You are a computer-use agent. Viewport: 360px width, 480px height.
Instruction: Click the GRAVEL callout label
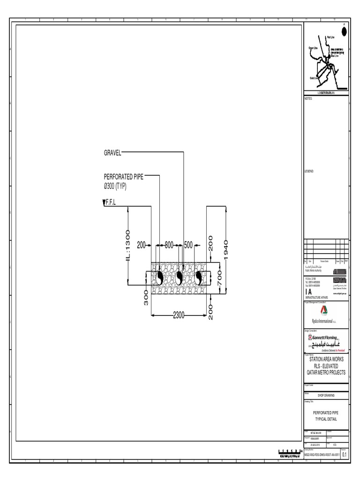[112, 152]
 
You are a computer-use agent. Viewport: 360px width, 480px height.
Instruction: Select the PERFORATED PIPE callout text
[124, 177]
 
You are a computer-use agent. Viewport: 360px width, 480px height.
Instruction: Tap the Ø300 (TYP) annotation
[115, 186]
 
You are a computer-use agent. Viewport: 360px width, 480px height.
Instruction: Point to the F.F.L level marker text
[111, 202]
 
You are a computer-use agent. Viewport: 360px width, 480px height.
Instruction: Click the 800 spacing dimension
[169, 245]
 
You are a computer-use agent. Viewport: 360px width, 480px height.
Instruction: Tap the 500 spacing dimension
[188, 245]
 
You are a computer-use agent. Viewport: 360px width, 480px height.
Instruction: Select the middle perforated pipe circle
[179, 278]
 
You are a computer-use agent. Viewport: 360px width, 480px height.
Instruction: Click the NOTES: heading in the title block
[308, 99]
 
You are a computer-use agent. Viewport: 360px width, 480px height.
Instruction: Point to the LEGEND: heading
[309, 172]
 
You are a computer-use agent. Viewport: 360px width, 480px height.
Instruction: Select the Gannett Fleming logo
[326, 341]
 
